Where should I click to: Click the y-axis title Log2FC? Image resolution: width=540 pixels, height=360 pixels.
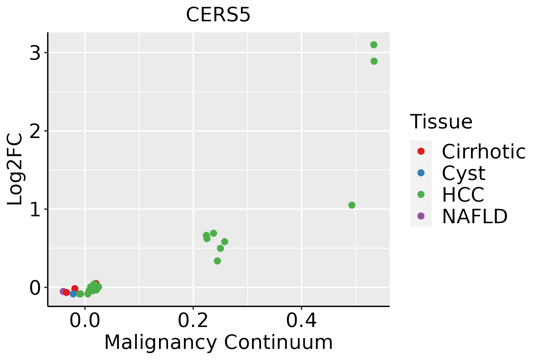pos(15,169)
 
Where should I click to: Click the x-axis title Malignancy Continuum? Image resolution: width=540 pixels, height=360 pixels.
pos(218,342)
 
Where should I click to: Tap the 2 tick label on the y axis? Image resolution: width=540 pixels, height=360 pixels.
pos(35,131)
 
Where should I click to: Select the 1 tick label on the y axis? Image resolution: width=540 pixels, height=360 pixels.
pos(35,209)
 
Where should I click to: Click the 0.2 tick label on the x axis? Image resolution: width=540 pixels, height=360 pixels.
pos(193,321)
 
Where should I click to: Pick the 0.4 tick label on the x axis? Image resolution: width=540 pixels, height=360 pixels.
pos(301,321)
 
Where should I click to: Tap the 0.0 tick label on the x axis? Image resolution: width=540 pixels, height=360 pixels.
pos(85,321)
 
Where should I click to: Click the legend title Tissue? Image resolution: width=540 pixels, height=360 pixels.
pos(441,122)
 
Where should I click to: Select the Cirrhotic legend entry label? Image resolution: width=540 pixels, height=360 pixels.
pos(484,151)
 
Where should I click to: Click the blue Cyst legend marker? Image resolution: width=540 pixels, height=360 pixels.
pos(421,173)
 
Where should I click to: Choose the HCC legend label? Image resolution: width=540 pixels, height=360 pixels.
pos(463,195)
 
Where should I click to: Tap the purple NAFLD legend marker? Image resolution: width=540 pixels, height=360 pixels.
pos(421,216)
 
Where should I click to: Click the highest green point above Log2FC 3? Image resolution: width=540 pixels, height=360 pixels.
pos(373,45)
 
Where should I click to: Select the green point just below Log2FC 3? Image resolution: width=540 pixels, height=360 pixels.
pos(374,61)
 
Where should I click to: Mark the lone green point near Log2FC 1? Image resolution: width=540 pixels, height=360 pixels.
pos(352,205)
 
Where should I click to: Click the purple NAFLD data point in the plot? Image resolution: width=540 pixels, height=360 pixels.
pos(63,291)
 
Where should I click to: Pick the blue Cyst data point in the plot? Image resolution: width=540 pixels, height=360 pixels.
pos(73,294)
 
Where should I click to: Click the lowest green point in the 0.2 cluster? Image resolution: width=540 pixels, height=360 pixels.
pos(217,261)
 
